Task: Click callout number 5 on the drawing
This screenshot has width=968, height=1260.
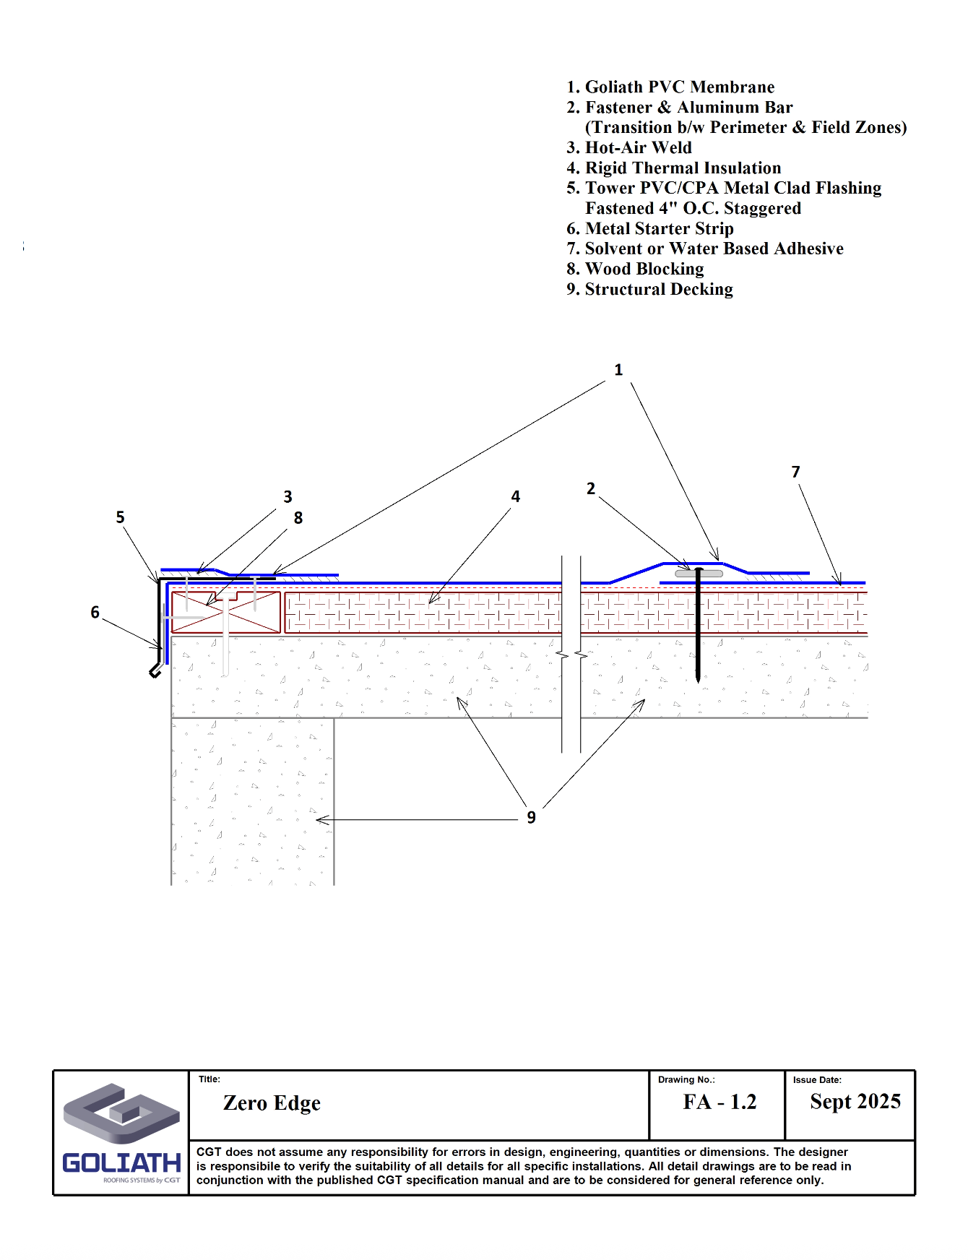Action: [x=120, y=517]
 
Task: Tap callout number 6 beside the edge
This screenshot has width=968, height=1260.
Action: [x=95, y=613]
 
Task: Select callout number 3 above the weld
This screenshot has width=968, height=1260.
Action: [x=288, y=497]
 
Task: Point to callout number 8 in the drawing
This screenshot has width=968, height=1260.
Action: [x=298, y=518]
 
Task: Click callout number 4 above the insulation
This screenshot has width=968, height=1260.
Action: [x=515, y=496]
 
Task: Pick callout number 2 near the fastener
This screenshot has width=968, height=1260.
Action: [x=591, y=488]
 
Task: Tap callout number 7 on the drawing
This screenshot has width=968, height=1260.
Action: [x=795, y=472]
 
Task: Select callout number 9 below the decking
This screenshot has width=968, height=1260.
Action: [x=531, y=817]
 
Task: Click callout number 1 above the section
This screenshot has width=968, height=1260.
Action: [x=618, y=370]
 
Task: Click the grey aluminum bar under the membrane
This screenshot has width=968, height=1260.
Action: [x=699, y=574]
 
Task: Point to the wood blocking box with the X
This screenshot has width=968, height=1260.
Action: [x=225, y=613]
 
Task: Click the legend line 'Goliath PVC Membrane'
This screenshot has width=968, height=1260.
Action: [x=670, y=87]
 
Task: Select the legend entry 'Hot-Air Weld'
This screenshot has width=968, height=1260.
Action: [x=629, y=148]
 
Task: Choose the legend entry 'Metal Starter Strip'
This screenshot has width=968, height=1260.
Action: [x=650, y=229]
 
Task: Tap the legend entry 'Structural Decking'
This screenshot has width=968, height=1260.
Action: [x=649, y=290]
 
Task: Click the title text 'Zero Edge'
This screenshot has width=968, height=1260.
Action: [x=272, y=1103]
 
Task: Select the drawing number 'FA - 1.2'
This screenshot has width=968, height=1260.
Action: [x=719, y=1102]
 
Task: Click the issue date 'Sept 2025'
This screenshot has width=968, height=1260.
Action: [x=855, y=1102]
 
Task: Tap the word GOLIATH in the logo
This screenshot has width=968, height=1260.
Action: [x=121, y=1162]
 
